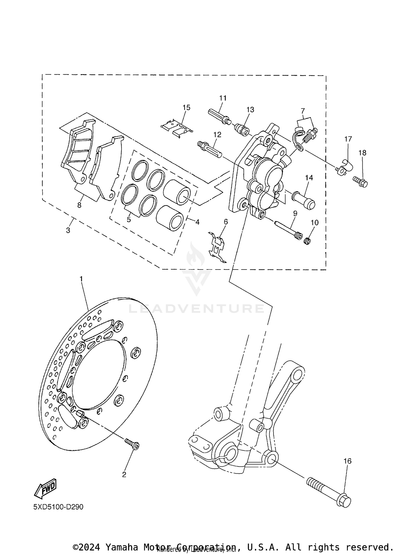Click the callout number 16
pos(347,461)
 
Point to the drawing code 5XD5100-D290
pos(58,507)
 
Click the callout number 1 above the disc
pos(81,279)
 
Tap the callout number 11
pos(223,98)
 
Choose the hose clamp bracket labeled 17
pos(345,168)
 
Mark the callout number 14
pos(309,178)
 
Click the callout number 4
pos(197,222)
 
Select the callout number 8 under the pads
pos(79,205)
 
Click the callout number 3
pos(68,230)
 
